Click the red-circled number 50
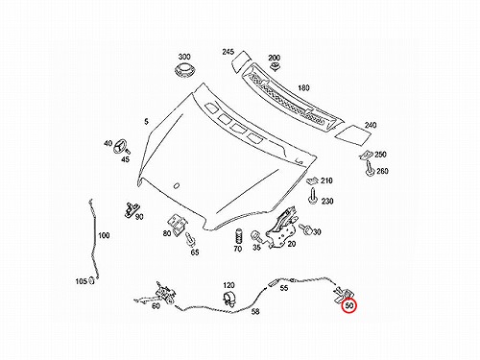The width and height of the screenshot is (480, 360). (x=349, y=305)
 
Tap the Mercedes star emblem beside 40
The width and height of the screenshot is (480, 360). (x=120, y=146)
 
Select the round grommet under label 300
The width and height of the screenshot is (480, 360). (x=184, y=70)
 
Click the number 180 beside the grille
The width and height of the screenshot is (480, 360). (x=303, y=87)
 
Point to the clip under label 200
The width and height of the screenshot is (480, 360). (x=275, y=66)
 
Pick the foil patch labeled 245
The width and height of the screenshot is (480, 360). (x=241, y=61)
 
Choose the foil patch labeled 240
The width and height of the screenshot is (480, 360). (x=353, y=133)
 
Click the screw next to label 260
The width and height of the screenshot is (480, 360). (x=370, y=169)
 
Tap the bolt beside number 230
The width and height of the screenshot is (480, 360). (x=312, y=195)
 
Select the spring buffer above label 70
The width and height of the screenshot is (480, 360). (x=238, y=236)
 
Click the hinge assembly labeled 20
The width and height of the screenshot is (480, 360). (x=281, y=228)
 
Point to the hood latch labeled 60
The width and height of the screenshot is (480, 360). (x=156, y=294)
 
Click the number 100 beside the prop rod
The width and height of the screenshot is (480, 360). (x=104, y=235)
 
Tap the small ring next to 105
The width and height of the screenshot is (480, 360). (x=91, y=280)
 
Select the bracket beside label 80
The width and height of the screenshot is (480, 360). (x=177, y=224)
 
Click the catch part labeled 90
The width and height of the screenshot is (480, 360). (x=132, y=209)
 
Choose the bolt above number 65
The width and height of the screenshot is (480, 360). (x=190, y=239)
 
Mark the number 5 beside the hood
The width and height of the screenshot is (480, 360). (x=146, y=122)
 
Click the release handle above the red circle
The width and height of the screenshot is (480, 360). (x=343, y=294)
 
